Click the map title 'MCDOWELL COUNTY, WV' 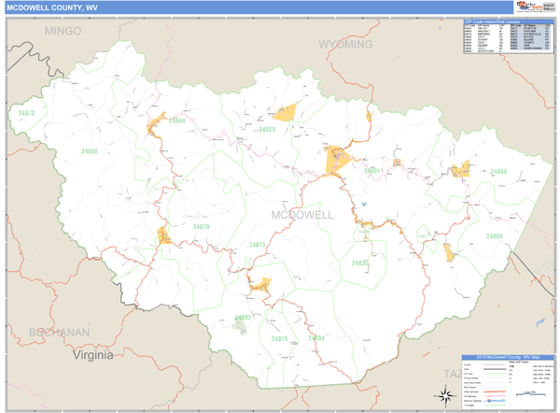(52, 7)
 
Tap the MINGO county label (63, 31)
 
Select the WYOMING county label (344, 44)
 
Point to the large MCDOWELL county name (301, 214)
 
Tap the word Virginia (93, 355)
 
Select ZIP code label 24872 (26, 113)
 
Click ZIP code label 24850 (89, 150)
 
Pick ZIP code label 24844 (176, 121)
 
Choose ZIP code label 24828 (267, 130)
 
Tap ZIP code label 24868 (498, 172)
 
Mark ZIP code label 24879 (201, 226)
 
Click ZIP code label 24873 (257, 245)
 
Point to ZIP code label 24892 (243, 318)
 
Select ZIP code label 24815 (279, 338)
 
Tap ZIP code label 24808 (494, 236)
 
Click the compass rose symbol (446, 393)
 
